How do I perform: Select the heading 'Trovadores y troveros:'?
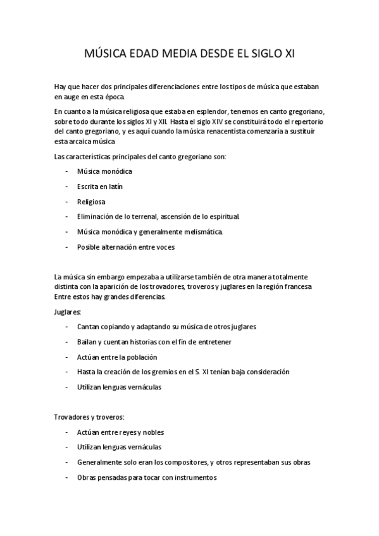89,417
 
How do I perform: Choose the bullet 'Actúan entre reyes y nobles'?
120,432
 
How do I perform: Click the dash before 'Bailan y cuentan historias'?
66,342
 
